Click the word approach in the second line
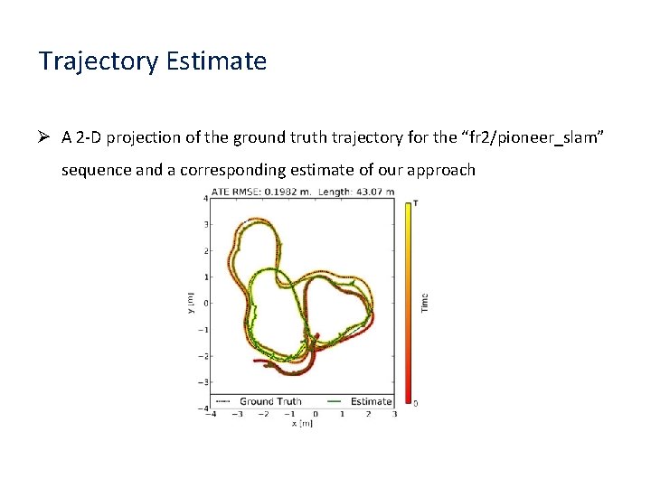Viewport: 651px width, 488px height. point(440,170)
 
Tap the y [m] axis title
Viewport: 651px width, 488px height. point(191,303)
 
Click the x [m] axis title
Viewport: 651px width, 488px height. point(303,423)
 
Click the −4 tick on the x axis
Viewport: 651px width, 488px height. point(212,415)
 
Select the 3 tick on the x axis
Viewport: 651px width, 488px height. point(394,415)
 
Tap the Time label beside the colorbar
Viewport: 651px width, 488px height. point(424,303)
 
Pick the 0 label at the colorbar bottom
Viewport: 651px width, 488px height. point(415,402)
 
